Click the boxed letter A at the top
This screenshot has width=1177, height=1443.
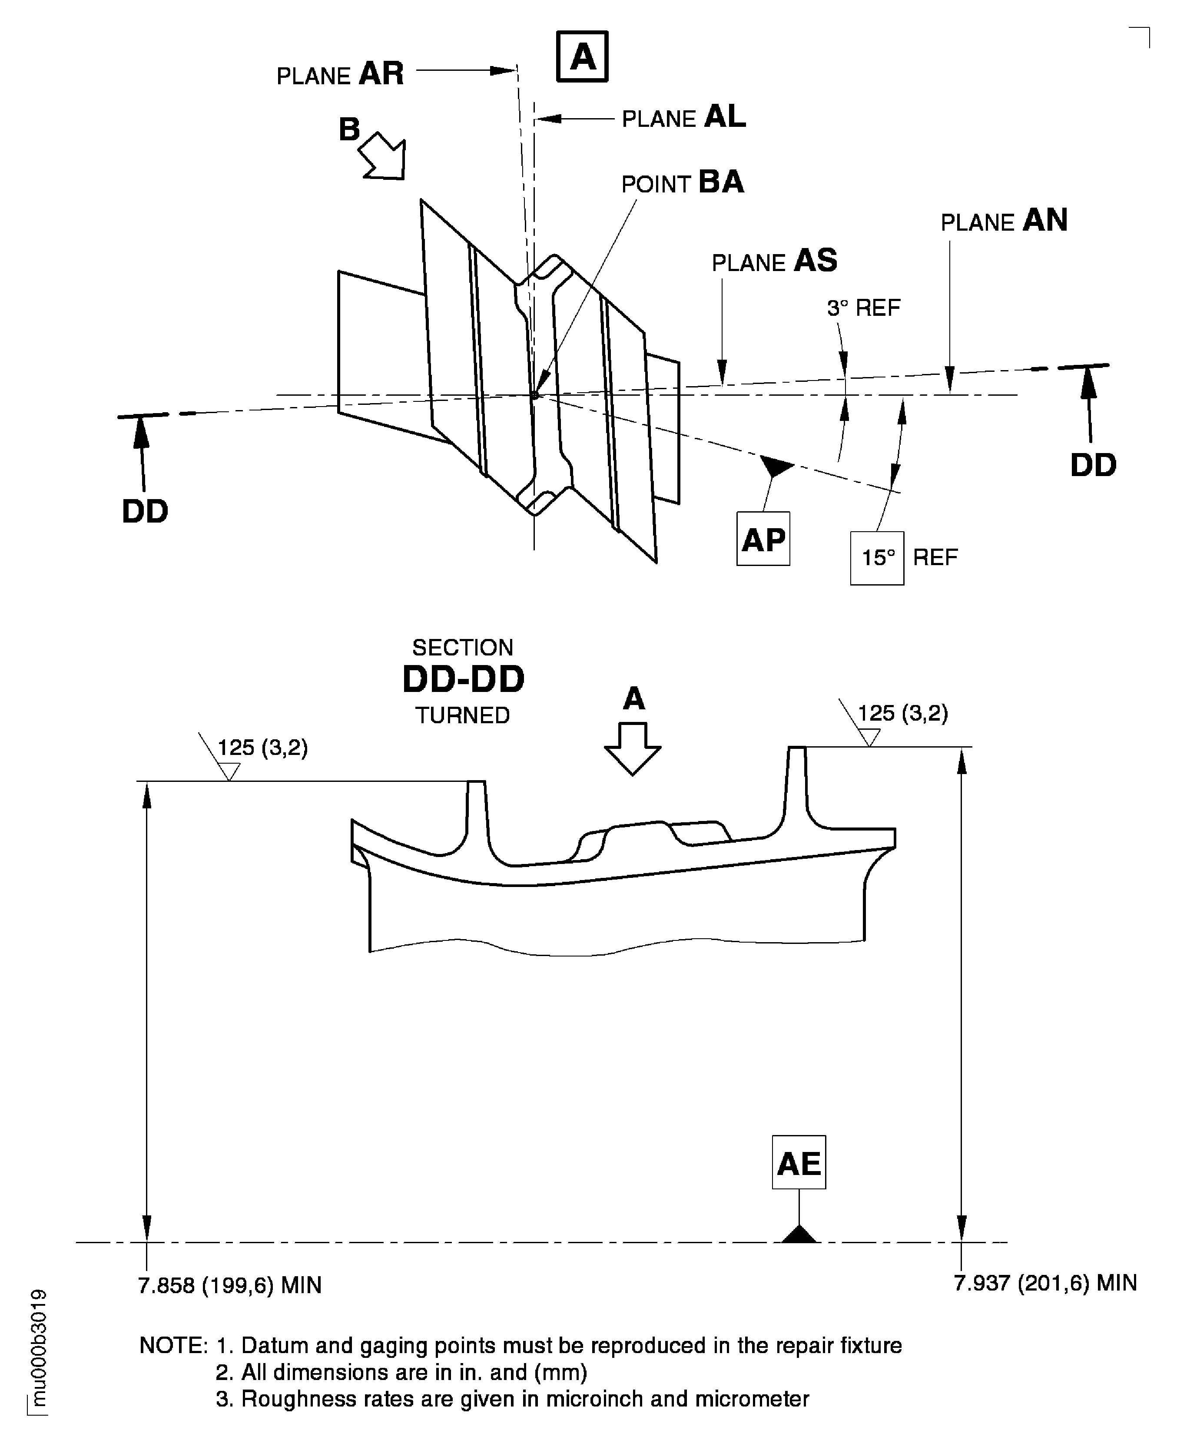point(582,56)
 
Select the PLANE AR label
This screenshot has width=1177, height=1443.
point(340,73)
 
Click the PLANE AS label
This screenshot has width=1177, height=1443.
point(774,261)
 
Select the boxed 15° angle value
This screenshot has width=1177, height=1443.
point(877,558)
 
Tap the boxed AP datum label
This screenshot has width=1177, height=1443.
point(763,539)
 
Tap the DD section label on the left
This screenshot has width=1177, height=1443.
point(145,512)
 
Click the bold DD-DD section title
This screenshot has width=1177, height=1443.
point(463,679)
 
